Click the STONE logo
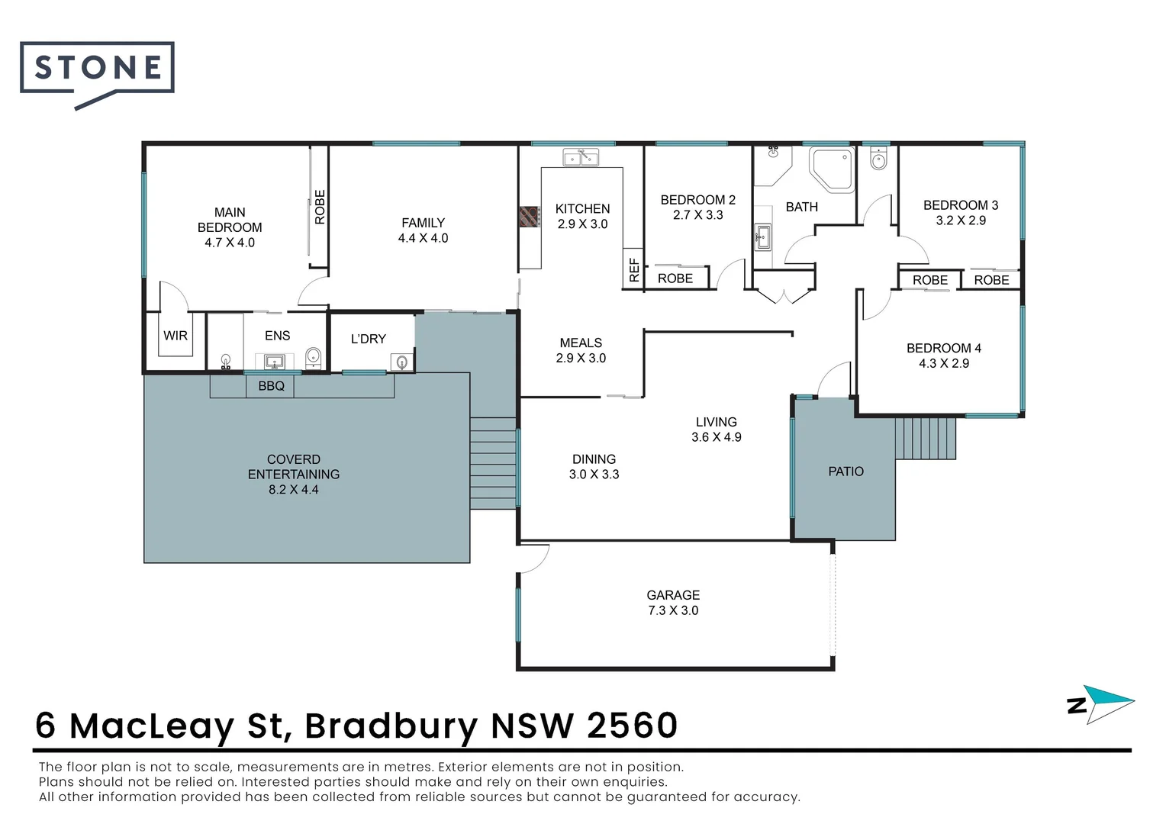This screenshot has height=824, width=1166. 97,69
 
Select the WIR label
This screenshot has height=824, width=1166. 176,336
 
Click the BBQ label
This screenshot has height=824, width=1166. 271,386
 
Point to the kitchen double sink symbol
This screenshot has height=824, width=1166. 581,158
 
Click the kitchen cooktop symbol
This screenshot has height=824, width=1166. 529,217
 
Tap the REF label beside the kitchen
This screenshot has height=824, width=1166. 633,269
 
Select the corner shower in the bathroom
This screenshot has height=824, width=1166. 832,169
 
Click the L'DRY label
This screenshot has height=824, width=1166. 369,339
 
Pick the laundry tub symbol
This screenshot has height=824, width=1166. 401,362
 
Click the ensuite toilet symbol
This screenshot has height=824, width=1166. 312,357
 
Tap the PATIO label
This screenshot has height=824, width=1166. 846,472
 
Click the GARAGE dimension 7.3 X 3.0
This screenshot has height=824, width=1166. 673,610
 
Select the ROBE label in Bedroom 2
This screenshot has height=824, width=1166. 675,278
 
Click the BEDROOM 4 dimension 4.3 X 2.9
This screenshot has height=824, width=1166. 943,363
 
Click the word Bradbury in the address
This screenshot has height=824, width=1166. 391,726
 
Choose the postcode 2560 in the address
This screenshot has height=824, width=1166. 632,726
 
